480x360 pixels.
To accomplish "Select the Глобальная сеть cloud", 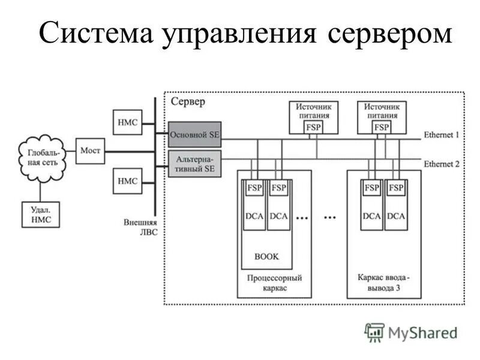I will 41,158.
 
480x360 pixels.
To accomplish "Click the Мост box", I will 90,150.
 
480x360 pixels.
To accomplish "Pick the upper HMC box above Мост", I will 127,122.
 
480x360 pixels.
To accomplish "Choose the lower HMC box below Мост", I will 127,181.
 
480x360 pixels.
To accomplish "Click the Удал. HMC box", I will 41,214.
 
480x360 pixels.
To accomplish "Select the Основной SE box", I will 194,135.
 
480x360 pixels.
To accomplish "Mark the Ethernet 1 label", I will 441,135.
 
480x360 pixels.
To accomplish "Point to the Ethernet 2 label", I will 441,163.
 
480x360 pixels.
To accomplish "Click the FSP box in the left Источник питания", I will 313,127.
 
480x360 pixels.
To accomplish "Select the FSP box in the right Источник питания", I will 381,127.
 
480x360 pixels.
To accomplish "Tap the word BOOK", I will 266,256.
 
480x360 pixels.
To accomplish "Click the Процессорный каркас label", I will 274,283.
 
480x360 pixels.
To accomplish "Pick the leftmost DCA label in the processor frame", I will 254,216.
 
